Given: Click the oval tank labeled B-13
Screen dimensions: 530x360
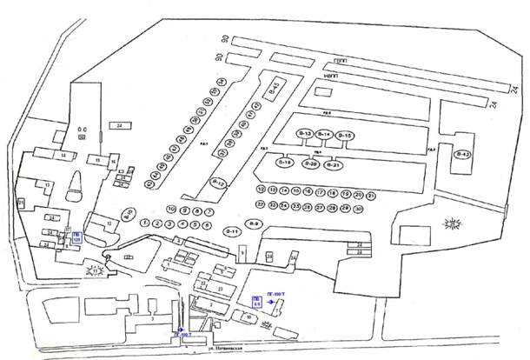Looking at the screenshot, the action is point(305,134).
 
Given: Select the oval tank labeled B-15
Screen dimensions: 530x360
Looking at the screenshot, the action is point(344,135).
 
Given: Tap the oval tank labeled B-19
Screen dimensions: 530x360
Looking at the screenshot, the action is point(285,163).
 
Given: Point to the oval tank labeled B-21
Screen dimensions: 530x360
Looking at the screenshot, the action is point(336,164).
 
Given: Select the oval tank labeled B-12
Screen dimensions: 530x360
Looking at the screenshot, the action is point(219,183).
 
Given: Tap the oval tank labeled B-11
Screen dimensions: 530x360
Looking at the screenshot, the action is point(232,230).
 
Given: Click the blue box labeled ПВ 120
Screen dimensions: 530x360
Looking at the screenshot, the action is point(77,237).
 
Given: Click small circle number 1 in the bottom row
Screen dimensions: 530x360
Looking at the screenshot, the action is point(143,223).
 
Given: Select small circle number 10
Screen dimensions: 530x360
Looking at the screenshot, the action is point(171,210).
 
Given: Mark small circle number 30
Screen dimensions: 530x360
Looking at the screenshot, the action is point(358,209).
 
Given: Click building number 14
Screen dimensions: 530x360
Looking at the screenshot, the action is point(63,156).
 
